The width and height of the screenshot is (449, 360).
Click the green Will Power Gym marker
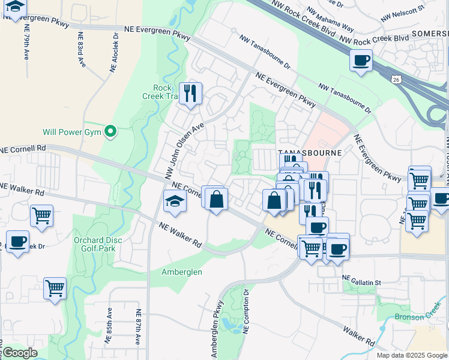tap(110, 131)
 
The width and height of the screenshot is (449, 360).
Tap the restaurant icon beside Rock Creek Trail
tap(190, 94)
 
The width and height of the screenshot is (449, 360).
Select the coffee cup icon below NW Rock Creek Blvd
tap(361, 61)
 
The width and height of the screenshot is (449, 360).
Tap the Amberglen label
tap(182, 272)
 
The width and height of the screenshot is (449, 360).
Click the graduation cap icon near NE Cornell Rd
tap(175, 200)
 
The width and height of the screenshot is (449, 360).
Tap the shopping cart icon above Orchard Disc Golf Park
tap(41, 215)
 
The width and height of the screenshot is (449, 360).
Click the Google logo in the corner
tap(20, 353)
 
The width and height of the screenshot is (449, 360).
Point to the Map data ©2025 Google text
tap(411, 355)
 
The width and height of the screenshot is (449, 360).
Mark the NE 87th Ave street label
tap(138, 327)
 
